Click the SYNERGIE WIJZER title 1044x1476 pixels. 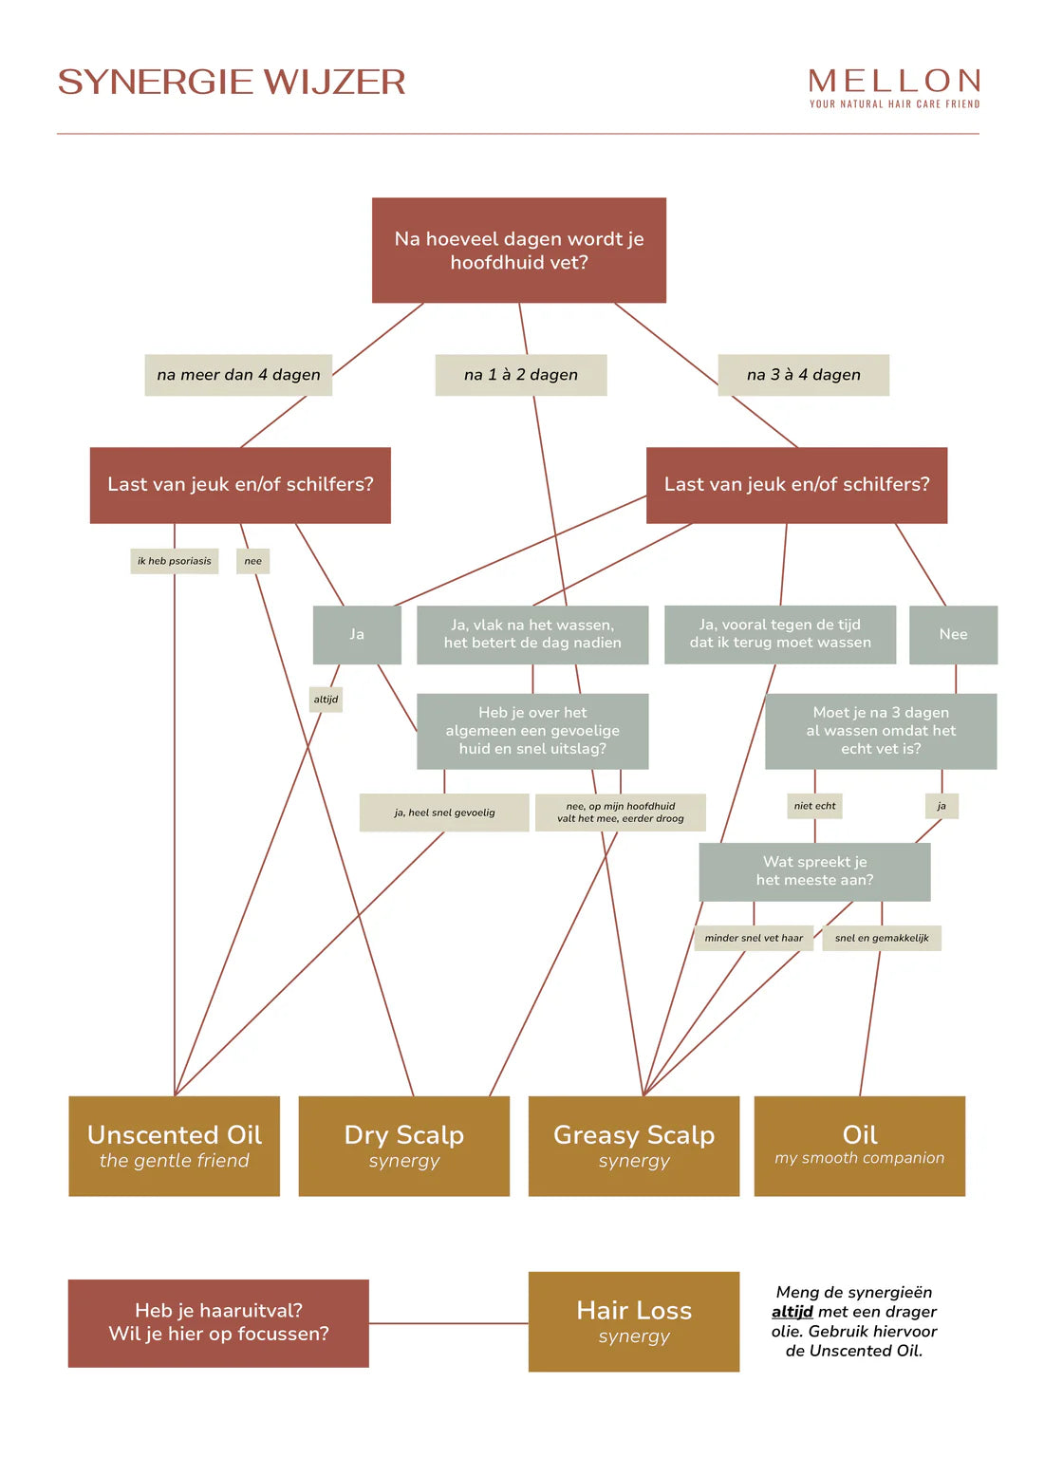click(x=231, y=82)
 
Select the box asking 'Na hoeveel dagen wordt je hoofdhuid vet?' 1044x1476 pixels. click(x=518, y=251)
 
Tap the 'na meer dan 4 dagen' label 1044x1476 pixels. click(x=238, y=375)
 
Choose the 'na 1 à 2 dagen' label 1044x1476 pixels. click(x=520, y=375)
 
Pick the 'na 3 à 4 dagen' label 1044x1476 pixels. click(x=803, y=375)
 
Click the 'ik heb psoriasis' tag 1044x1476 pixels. click(x=174, y=561)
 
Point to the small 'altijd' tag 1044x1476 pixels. click(x=326, y=700)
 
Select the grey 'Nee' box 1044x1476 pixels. click(x=953, y=634)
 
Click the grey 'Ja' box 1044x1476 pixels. click(x=357, y=634)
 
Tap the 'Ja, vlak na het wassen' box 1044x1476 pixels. click(x=532, y=634)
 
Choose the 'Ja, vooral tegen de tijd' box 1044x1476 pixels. click(x=779, y=634)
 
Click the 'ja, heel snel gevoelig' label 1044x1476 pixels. click(x=444, y=813)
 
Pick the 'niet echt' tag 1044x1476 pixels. click(x=814, y=806)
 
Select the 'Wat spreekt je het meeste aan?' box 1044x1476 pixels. click(x=814, y=871)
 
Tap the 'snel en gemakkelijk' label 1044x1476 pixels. click(x=882, y=938)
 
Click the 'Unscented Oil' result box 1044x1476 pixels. click(x=174, y=1146)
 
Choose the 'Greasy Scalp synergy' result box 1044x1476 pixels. click(x=633, y=1146)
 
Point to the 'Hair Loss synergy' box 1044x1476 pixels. click(x=633, y=1321)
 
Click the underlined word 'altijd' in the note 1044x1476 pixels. click(x=792, y=1312)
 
